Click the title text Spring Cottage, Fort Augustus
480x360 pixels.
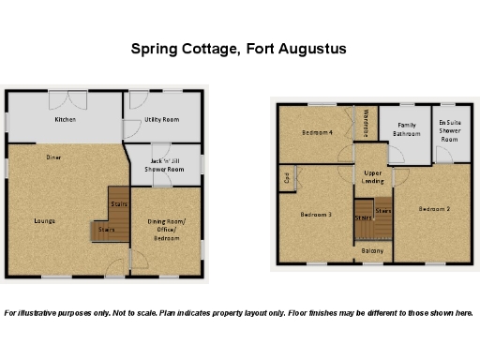coord(239,48)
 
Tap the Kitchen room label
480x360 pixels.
coord(65,121)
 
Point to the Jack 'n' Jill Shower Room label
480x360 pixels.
coord(166,165)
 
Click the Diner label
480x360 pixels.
coord(53,157)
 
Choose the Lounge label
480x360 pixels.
coord(43,221)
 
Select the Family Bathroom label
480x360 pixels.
coord(407,129)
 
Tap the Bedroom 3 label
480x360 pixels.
coord(316,215)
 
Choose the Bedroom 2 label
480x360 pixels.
coord(435,209)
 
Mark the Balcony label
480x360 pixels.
coord(372,250)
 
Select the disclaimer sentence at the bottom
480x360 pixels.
coord(239,312)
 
